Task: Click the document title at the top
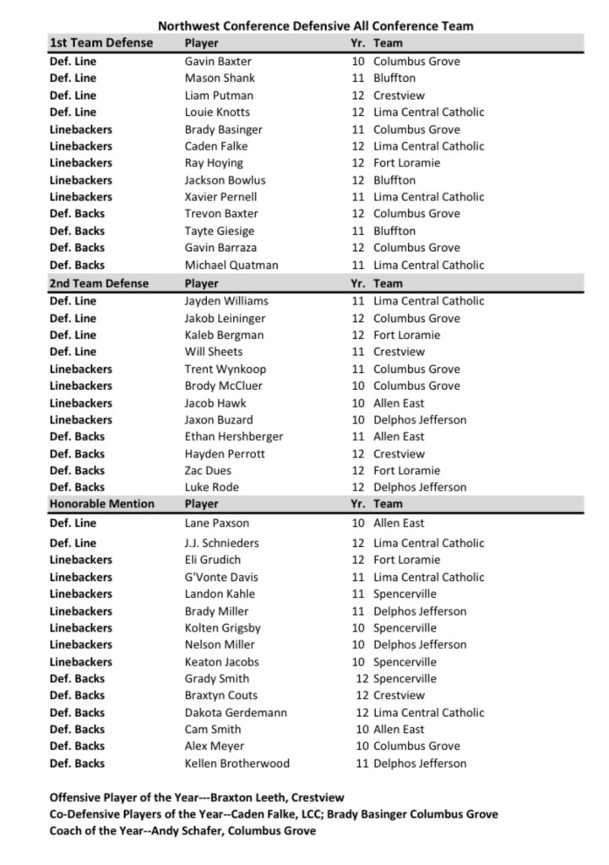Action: coord(315,25)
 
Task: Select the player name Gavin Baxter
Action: coord(218,62)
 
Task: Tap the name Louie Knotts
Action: coord(217,112)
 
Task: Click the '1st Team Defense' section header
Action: coord(101,43)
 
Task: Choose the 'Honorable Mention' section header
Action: coord(102,504)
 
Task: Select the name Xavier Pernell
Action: coord(222,197)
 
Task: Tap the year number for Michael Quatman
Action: coord(358,265)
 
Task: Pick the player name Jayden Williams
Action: coord(226,301)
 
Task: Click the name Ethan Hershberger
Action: coord(234,436)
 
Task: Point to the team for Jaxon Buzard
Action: coord(420,419)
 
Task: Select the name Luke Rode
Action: coord(212,487)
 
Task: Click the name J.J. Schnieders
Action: coord(222,543)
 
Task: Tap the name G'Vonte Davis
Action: coord(222,577)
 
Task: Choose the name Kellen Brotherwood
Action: coord(237,764)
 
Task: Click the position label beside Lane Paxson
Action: coord(73,523)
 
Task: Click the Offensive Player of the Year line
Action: coord(197,797)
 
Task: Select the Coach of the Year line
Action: coord(182,831)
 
